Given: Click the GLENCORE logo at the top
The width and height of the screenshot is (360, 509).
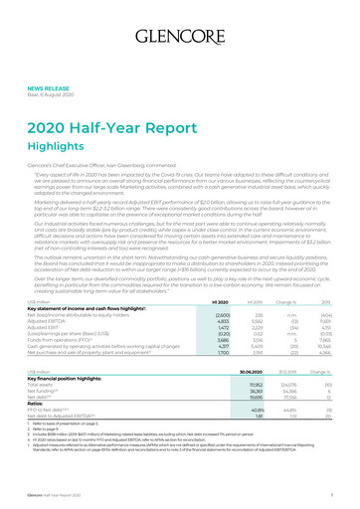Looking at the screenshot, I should point(180,19).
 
